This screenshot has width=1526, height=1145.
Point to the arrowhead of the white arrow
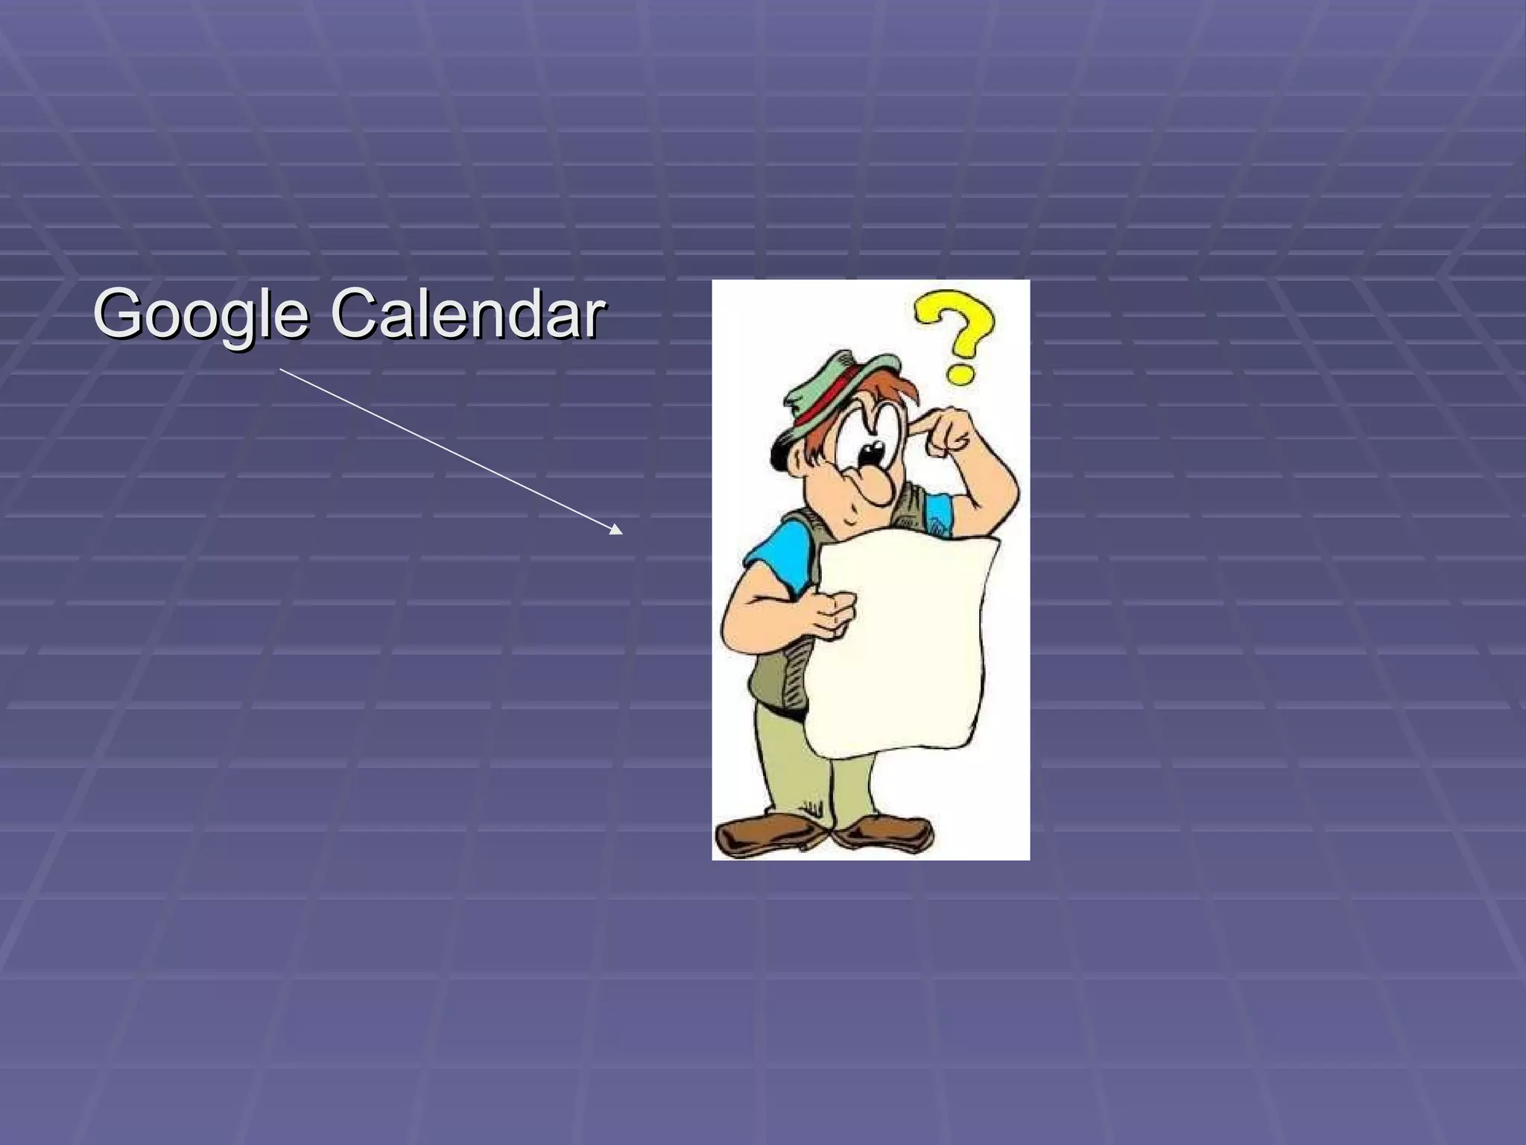click(616, 530)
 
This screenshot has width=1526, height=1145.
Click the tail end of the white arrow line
click(281, 369)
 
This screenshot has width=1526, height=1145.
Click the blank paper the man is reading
click(905, 641)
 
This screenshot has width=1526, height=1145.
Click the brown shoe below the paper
click(887, 832)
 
